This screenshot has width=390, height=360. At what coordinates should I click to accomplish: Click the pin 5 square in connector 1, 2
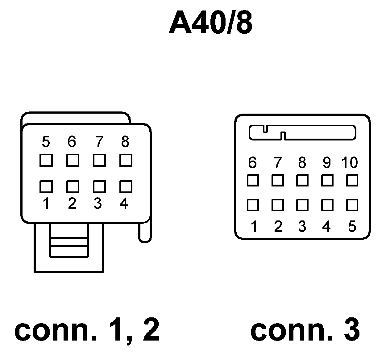coord(46,161)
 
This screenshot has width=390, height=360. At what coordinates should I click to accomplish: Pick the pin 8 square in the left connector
coord(126,160)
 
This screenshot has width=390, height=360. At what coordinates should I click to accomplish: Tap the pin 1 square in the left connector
coord(46,187)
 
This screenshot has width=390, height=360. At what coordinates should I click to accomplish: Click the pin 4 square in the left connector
coord(126,186)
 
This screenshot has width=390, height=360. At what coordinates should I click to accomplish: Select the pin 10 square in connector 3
coord(352,180)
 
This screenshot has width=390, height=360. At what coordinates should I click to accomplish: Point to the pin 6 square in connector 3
coord(253,180)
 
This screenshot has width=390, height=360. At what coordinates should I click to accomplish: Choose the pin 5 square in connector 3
coord(352,205)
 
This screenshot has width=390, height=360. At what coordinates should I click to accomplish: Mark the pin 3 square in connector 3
coord(302,205)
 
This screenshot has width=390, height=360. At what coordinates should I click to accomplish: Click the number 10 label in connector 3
coord(350,163)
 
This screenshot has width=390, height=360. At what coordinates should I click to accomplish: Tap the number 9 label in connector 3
coord(327,163)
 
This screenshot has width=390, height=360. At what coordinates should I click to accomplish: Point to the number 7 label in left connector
coord(99,142)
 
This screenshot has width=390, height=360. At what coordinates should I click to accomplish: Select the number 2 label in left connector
coord(72,203)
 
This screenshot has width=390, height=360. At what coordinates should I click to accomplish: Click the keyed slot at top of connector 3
coord(302,132)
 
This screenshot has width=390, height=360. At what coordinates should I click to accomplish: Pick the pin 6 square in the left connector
coord(73,161)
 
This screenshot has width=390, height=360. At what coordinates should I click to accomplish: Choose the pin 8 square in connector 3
coord(302,180)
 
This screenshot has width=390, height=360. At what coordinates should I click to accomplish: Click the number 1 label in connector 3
coord(254,227)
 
